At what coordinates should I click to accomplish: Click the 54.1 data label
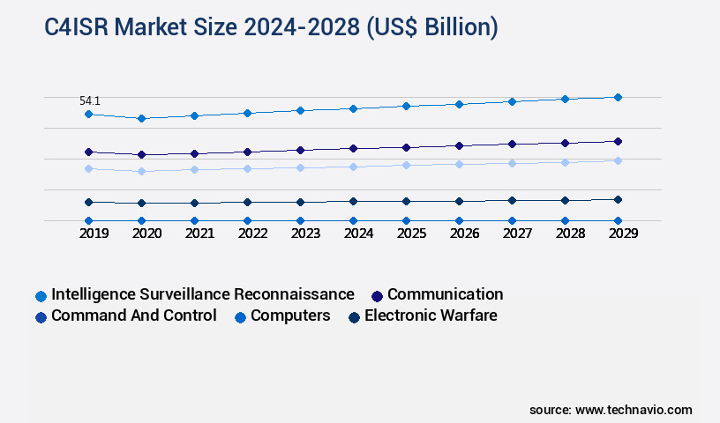click(90, 101)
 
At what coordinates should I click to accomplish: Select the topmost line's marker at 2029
click(618, 97)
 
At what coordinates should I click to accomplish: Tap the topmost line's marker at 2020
click(141, 118)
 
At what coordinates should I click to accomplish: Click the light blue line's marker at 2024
click(353, 167)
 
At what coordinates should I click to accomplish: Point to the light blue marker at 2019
click(88, 168)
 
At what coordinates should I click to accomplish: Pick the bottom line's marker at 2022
click(247, 220)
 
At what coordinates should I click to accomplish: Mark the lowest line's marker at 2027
click(512, 220)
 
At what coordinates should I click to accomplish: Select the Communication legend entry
click(445, 294)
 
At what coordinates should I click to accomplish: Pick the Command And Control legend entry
click(133, 315)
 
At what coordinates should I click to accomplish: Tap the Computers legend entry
click(290, 315)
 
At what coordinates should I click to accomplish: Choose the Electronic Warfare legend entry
click(431, 315)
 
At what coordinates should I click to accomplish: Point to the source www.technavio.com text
click(611, 410)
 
